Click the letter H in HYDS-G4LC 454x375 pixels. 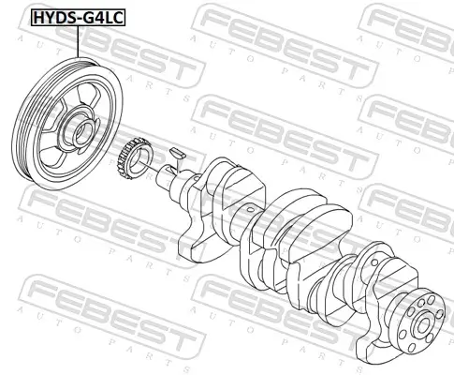pyautogui.click(x=38, y=17)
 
